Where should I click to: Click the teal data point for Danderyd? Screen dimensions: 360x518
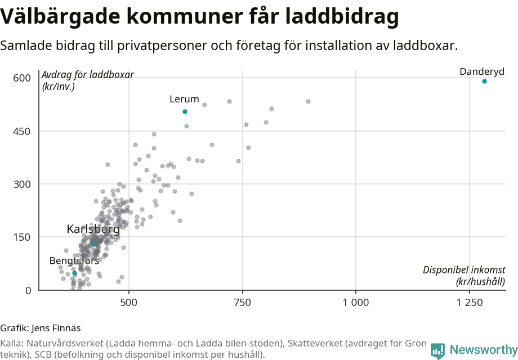click(x=484, y=82)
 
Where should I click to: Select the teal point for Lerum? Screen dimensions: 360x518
click(x=185, y=112)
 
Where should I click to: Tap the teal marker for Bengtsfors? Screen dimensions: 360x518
click(x=74, y=273)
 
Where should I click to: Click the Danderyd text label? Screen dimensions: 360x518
click(x=482, y=71)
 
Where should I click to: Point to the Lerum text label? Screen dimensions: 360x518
click(x=184, y=100)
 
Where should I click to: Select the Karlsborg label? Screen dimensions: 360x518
click(x=93, y=229)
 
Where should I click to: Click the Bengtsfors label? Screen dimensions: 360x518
click(x=74, y=261)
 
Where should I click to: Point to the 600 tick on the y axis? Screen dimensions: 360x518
click(x=22, y=78)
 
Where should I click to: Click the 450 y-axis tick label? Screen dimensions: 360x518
click(x=22, y=131)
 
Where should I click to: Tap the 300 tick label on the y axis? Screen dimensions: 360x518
click(x=22, y=184)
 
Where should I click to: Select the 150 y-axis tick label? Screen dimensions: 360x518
click(x=22, y=237)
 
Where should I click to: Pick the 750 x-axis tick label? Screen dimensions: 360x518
click(x=243, y=303)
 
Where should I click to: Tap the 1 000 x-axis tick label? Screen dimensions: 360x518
click(x=356, y=303)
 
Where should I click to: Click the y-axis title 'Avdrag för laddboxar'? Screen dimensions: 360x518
click(x=88, y=75)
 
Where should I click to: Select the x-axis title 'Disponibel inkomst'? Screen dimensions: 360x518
click(x=464, y=271)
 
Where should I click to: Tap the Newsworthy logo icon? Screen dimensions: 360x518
click(x=437, y=351)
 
